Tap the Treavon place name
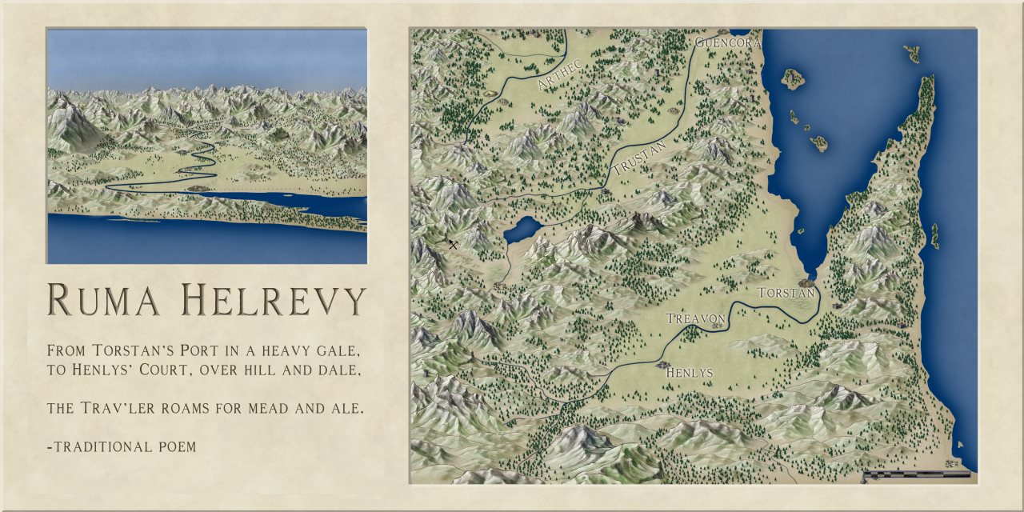click(x=696, y=318)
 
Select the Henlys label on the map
click(x=689, y=372)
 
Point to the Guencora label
click(x=726, y=42)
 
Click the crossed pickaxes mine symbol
click(x=453, y=244)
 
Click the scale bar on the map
click(x=916, y=474)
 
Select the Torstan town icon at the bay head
click(x=807, y=282)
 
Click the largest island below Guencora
click(x=793, y=78)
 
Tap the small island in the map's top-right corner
click(x=912, y=54)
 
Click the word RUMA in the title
click(x=104, y=299)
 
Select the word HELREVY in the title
click(x=272, y=299)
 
